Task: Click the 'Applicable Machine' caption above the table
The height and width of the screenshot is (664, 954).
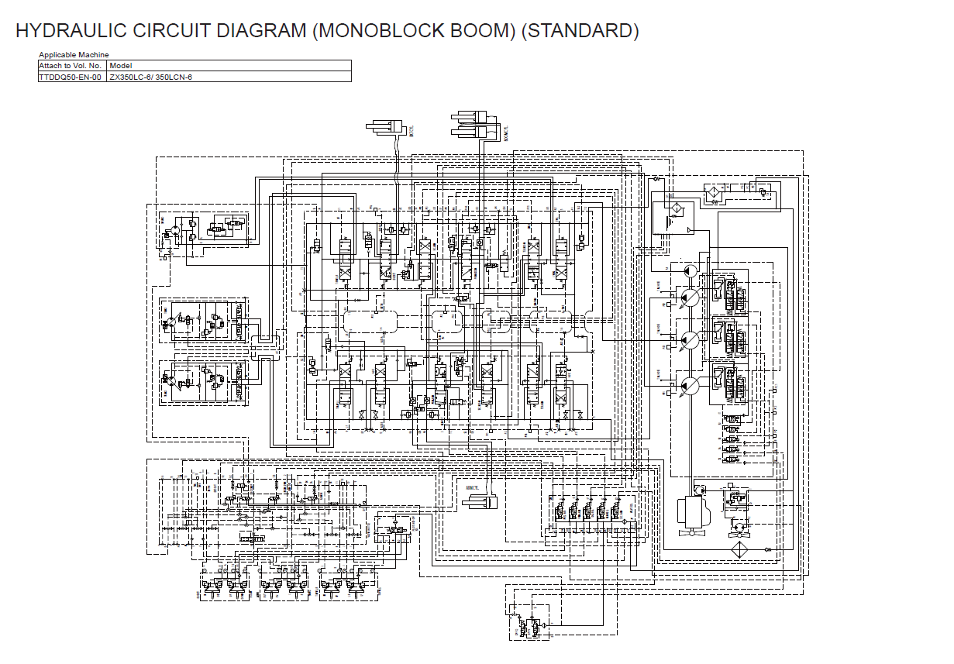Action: point(74,54)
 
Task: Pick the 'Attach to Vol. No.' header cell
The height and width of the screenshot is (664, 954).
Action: point(71,66)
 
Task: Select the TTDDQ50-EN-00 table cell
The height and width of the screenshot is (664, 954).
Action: point(71,77)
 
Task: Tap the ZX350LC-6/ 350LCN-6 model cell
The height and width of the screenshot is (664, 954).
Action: point(150,77)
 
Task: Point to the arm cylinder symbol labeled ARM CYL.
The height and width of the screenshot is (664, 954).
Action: point(480,502)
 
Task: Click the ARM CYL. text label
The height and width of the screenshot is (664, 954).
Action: point(473,488)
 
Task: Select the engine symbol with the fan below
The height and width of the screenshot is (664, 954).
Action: point(694,511)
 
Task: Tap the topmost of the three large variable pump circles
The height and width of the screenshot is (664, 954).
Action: point(689,297)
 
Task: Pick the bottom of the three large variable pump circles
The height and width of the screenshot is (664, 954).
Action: point(689,384)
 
